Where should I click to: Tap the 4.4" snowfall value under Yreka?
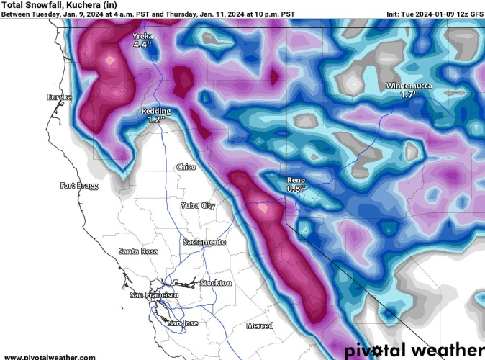[143, 45]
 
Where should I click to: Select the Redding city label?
[156, 111]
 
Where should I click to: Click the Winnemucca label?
[409, 86]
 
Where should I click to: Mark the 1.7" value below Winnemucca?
[409, 94]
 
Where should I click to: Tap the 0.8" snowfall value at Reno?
[296, 188]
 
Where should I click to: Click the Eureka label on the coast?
[60, 96]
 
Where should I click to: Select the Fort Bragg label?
[78, 186]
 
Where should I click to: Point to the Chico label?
[186, 167]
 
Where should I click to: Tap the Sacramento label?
[204, 242]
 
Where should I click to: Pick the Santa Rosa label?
[137, 251]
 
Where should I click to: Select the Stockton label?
[216, 283]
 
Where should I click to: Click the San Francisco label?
[154, 295]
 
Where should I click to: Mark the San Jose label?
[183, 323]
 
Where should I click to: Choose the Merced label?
[259, 325]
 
